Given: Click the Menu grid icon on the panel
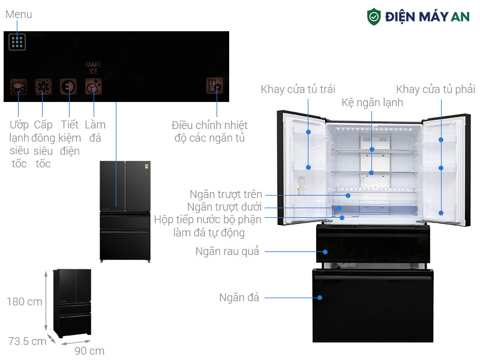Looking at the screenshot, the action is pyautogui.click(x=17, y=42).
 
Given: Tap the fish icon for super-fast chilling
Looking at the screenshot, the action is pyautogui.click(x=19, y=87).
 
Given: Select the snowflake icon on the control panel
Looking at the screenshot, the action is pyautogui.click(x=43, y=87).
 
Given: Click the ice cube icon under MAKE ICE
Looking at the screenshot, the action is pyautogui.click(x=94, y=86).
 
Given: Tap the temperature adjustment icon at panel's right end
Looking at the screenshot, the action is pyautogui.click(x=215, y=85).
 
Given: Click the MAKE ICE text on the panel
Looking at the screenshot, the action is pyautogui.click(x=94, y=68).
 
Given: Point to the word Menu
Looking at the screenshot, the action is pyautogui.click(x=19, y=14).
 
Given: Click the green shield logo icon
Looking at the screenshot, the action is pyautogui.click(x=374, y=17).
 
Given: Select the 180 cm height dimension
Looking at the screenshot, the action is pyautogui.click(x=25, y=302).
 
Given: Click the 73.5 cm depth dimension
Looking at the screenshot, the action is pyautogui.click(x=27, y=341).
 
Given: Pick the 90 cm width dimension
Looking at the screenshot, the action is pyautogui.click(x=89, y=351).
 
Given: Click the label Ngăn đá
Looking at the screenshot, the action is pyautogui.click(x=239, y=298).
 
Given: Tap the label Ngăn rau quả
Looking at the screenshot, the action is pyautogui.click(x=227, y=251).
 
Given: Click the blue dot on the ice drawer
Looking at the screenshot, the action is pyautogui.click(x=320, y=298).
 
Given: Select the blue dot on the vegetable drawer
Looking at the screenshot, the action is pyautogui.click(x=325, y=252).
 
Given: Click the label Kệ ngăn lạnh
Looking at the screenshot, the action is pyautogui.click(x=372, y=103).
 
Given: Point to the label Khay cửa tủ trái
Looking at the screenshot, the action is pyautogui.click(x=298, y=89).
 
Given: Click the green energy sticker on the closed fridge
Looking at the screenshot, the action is pyautogui.click(x=147, y=166).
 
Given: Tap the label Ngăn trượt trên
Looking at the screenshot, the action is pyautogui.click(x=226, y=194).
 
